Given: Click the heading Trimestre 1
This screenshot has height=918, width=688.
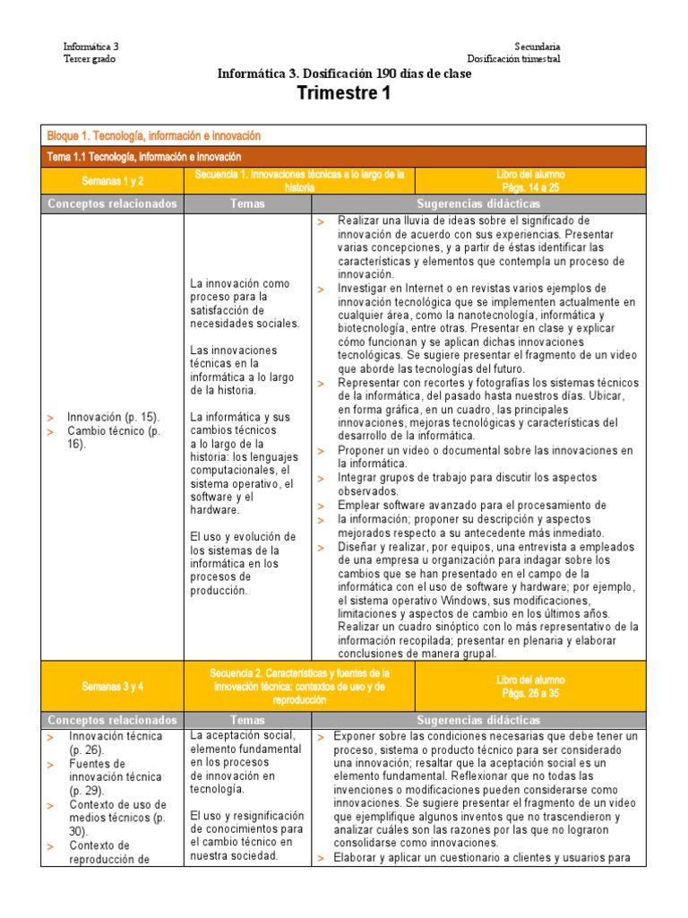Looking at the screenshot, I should click(x=343, y=93).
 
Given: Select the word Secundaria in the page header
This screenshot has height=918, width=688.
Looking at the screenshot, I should click(x=537, y=47).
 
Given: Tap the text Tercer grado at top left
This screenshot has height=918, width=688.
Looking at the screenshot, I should click(x=89, y=59).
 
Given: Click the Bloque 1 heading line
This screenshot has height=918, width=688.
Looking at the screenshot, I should click(x=153, y=135).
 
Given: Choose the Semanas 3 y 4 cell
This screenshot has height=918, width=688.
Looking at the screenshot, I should click(x=112, y=686).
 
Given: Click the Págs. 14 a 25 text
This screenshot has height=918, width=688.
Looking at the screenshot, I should click(x=530, y=187).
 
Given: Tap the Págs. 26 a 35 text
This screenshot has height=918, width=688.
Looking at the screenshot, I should click(x=530, y=693).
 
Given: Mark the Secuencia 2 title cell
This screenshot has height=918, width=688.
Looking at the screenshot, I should click(x=299, y=686).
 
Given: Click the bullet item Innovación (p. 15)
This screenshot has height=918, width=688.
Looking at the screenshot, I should click(x=113, y=417).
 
